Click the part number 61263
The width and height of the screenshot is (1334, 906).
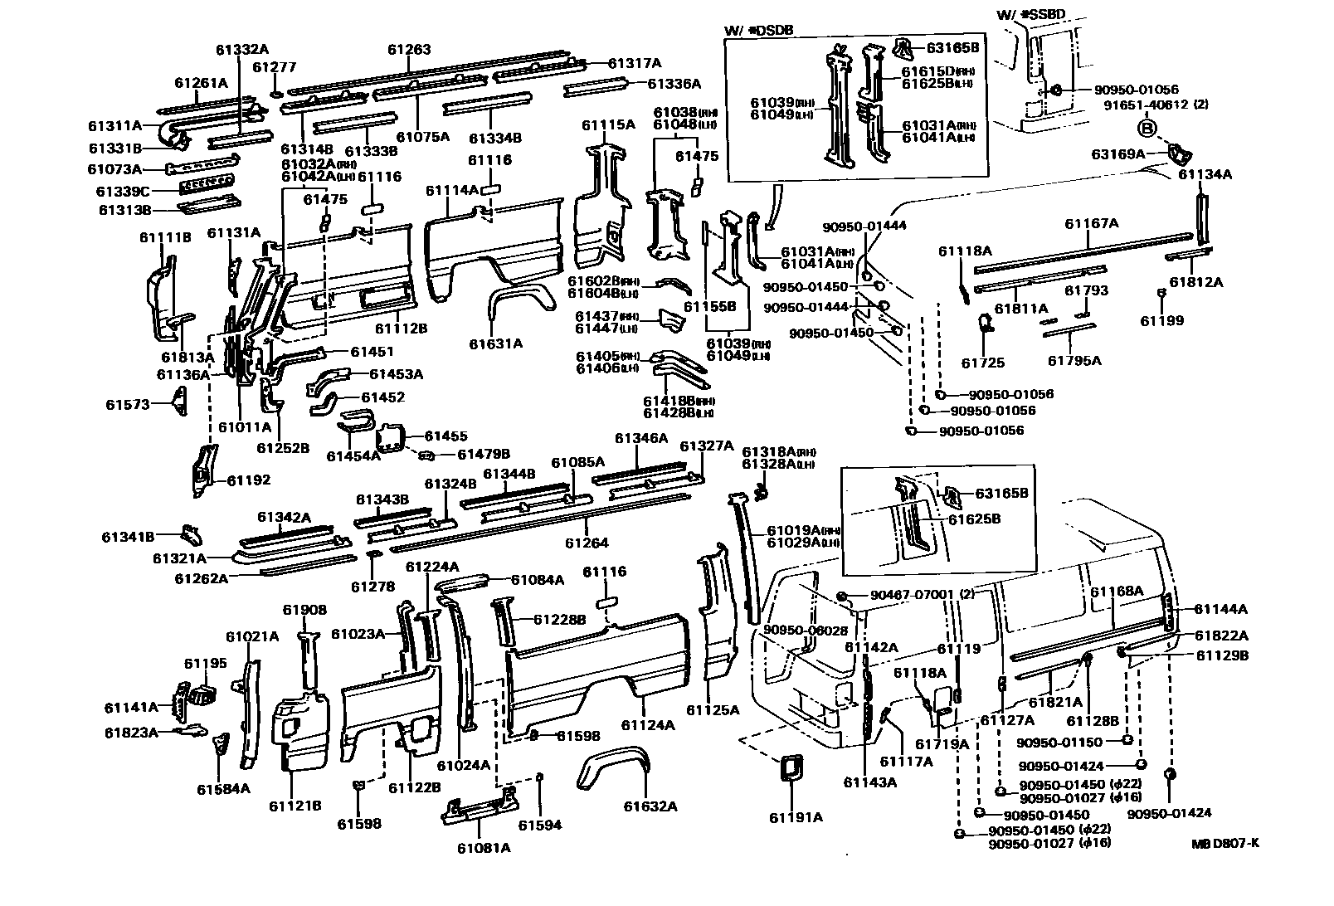[409, 50]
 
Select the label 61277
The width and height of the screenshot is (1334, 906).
[274, 67]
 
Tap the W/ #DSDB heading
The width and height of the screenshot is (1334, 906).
[758, 32]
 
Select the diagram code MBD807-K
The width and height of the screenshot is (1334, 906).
[1225, 844]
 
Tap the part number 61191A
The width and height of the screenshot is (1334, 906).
[796, 817]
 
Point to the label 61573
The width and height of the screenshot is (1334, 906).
[128, 405]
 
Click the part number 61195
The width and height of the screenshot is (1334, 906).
[205, 663]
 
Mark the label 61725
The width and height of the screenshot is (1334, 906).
[983, 363]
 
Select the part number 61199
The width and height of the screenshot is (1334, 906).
[1161, 321]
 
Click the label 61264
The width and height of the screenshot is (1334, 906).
[587, 543]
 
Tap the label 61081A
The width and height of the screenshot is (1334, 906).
[484, 847]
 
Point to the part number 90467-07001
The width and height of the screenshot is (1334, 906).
[911, 595]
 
